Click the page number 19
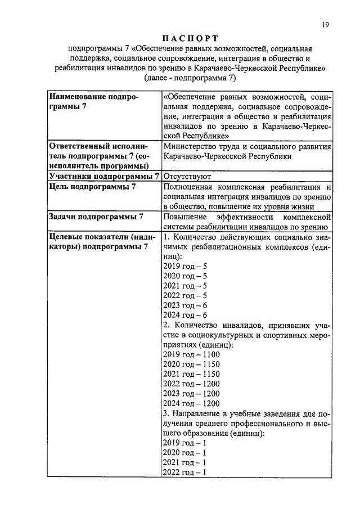(x=326, y=24)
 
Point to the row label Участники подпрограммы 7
(x=101, y=176)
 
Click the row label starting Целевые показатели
(x=98, y=242)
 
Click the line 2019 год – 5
(x=185, y=266)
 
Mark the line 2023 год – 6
(x=185, y=305)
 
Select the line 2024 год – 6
(x=185, y=315)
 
